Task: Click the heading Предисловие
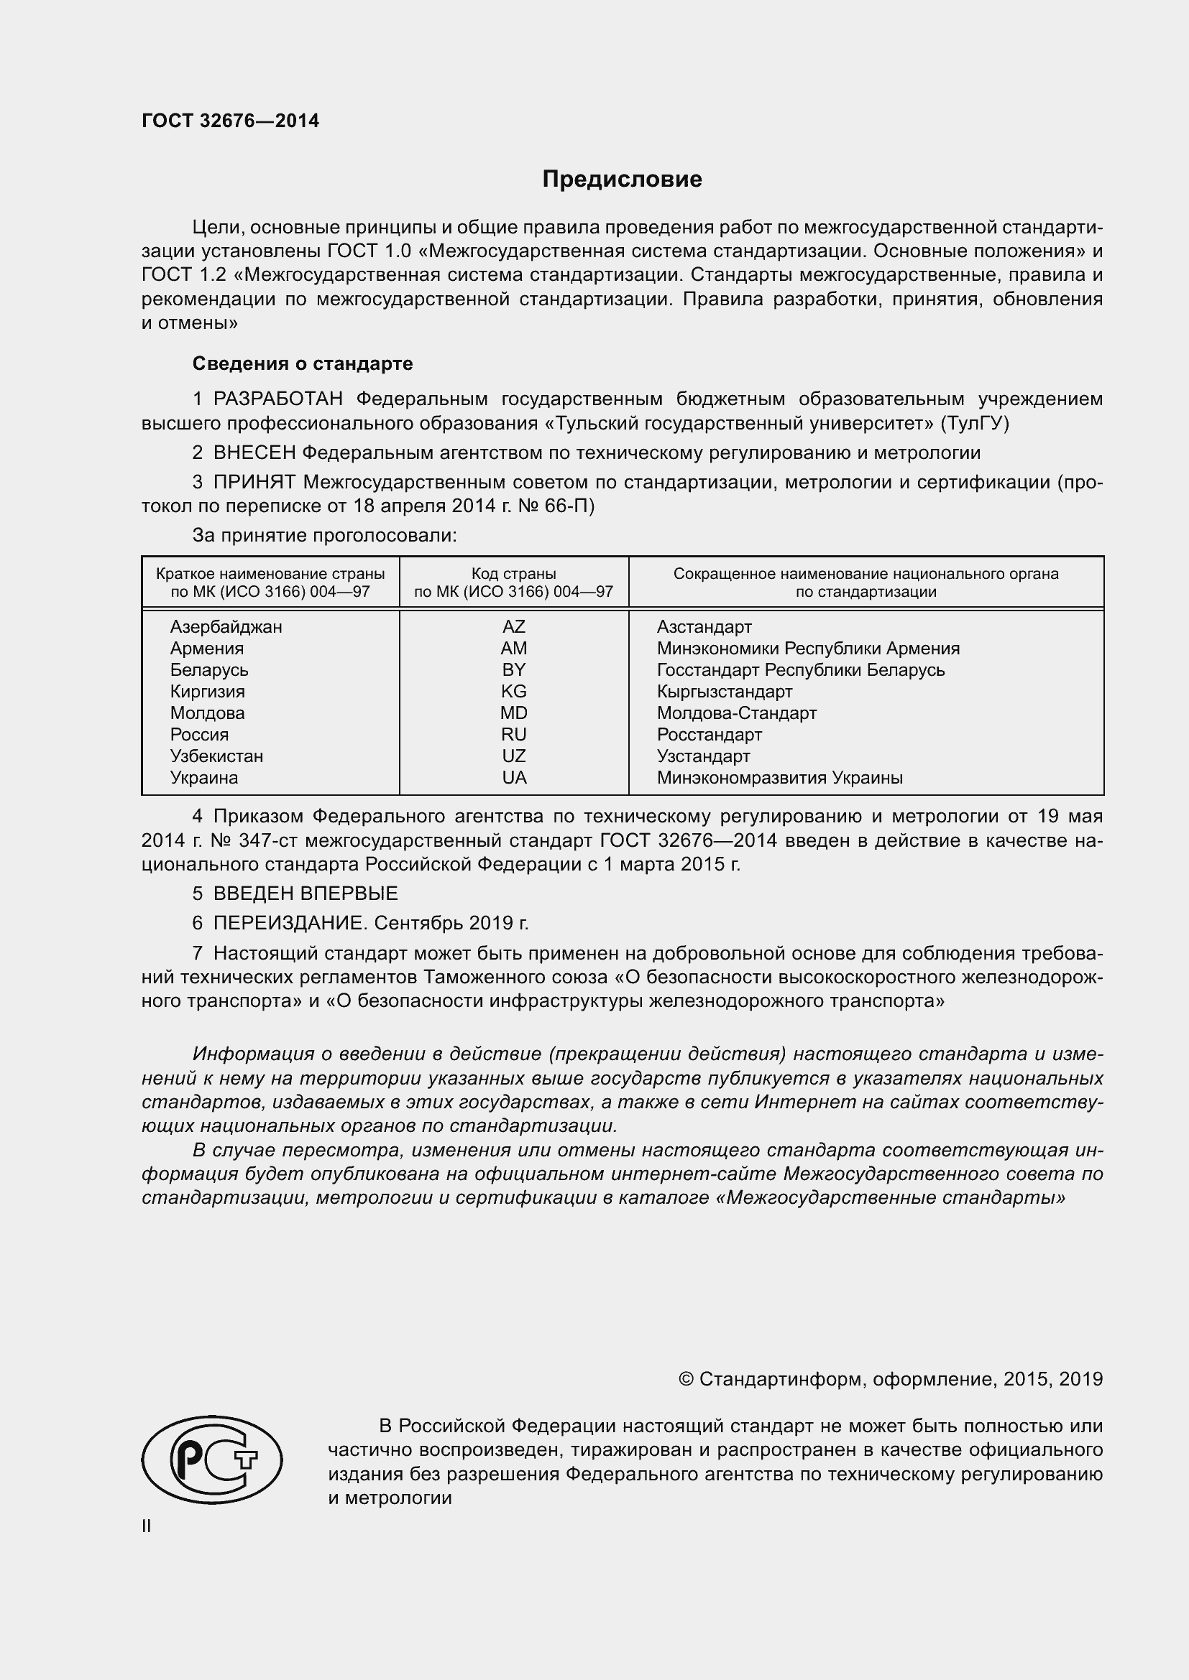point(622,180)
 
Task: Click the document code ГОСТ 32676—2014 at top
point(230,121)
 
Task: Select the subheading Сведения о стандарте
point(303,363)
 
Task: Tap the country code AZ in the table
point(513,626)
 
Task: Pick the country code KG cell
point(513,691)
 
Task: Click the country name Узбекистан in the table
point(216,756)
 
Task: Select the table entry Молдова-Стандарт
point(736,713)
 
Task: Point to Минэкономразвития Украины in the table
point(779,778)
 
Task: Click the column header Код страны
point(513,574)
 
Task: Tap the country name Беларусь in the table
point(208,669)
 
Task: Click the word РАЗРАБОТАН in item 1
point(277,399)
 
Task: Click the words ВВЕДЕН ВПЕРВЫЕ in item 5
point(306,894)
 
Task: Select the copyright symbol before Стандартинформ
point(686,1379)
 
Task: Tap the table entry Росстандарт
point(709,735)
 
